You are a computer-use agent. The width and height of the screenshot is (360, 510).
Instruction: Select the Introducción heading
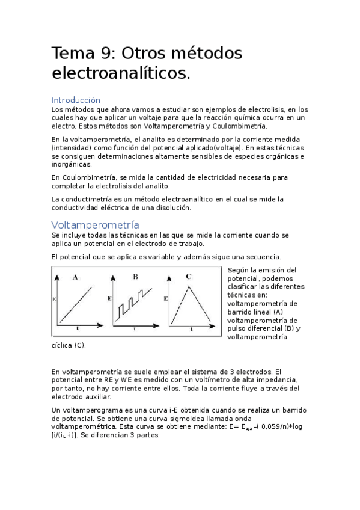click(76, 100)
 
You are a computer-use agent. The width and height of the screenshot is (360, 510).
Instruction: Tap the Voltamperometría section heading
click(95, 225)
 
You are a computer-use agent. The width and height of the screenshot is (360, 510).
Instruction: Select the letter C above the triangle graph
click(189, 277)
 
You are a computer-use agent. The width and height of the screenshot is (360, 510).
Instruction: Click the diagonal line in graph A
click(77, 304)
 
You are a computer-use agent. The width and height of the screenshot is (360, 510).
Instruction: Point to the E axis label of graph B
click(109, 298)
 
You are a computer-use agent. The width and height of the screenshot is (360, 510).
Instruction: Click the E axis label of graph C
click(165, 298)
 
